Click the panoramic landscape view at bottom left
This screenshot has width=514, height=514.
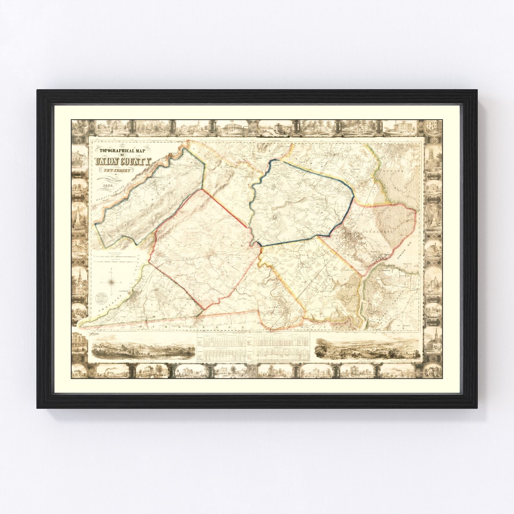click(143, 349)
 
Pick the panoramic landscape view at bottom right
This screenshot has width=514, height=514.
click(368, 348)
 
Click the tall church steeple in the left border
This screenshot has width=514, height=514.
click(79, 279)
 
